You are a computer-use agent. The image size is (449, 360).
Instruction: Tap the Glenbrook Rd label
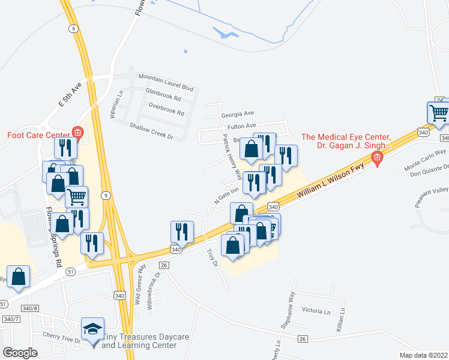(163, 96)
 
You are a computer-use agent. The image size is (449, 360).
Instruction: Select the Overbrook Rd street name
(166, 112)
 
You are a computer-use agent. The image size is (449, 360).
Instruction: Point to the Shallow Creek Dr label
(151, 130)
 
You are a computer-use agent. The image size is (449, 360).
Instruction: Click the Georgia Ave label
(238, 113)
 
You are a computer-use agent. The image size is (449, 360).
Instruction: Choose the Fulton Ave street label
(242, 127)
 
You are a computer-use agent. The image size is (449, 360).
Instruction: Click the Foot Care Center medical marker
(77, 132)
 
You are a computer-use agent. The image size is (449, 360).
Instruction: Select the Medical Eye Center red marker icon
(377, 158)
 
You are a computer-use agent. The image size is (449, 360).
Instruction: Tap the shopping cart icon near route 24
(439, 112)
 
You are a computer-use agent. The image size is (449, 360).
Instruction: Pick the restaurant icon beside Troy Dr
(182, 232)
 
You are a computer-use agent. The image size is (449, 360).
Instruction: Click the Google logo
(20, 353)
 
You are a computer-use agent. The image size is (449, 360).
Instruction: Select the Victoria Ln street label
(316, 311)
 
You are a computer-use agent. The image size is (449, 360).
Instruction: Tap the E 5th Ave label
(70, 95)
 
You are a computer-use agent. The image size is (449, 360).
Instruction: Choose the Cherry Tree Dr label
(61, 337)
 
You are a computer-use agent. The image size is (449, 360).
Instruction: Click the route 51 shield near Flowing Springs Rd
(71, 271)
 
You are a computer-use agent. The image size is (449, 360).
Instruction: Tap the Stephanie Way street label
(288, 310)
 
